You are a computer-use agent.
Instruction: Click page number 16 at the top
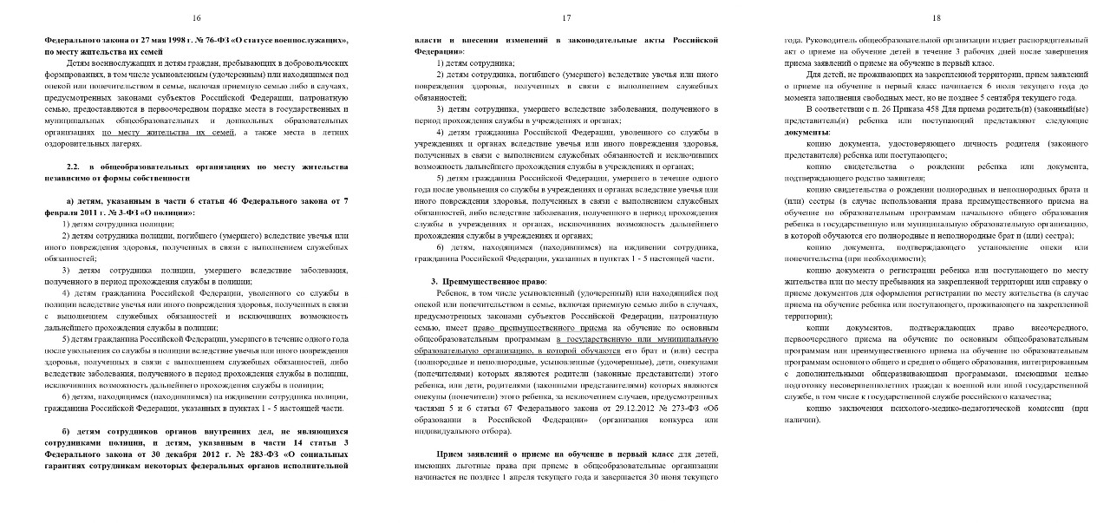(x=196, y=17)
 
